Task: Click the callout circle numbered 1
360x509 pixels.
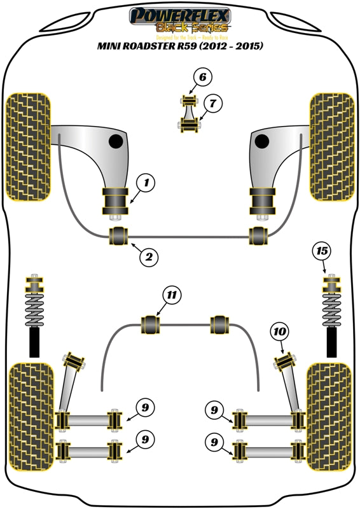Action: click(x=146, y=184)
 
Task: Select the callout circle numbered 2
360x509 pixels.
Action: click(x=148, y=257)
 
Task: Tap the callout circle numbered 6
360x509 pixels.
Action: click(x=202, y=78)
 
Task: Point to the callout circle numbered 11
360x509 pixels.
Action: click(x=171, y=295)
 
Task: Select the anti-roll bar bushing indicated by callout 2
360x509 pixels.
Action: click(x=120, y=235)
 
